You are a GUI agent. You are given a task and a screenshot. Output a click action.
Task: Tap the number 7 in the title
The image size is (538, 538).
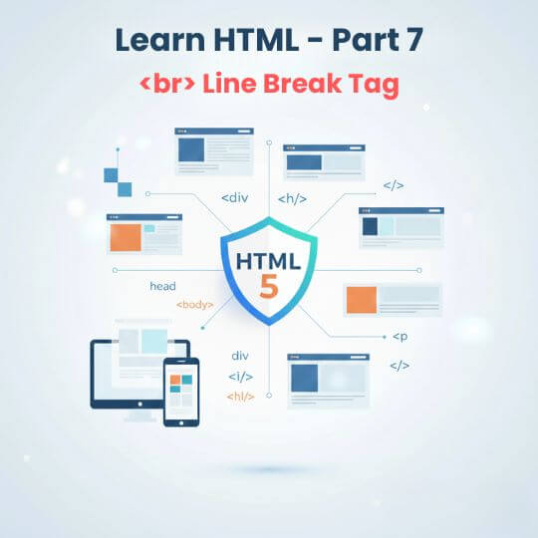[413, 41]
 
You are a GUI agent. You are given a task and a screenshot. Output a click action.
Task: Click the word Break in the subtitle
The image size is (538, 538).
[301, 84]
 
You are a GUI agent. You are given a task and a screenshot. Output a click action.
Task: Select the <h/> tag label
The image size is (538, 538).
[292, 198]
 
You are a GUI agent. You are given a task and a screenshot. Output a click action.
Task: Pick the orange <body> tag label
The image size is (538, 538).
[194, 304]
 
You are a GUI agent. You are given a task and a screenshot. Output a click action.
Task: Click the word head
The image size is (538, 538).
[162, 287]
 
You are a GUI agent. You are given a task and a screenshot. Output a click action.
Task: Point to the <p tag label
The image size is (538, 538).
[400, 337]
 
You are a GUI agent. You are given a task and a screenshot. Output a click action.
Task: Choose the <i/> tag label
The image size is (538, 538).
[240, 377]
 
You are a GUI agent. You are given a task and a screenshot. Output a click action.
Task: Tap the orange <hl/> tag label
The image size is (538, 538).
[240, 396]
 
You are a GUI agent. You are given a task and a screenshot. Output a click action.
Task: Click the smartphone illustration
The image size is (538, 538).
[180, 392]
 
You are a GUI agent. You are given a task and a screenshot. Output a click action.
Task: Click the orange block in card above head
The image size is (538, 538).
[126, 237]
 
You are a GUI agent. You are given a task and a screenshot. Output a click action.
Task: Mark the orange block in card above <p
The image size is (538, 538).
[360, 299]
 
